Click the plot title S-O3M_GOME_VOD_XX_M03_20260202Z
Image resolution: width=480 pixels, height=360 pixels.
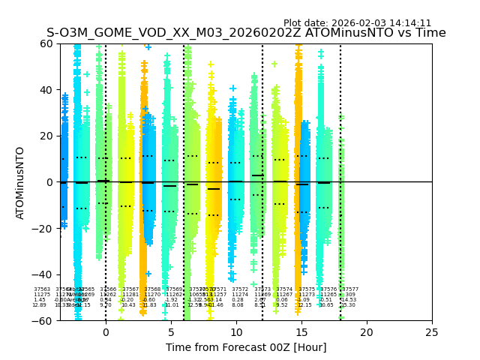[x=246, y=33]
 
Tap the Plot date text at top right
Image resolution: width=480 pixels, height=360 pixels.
[x=357, y=23]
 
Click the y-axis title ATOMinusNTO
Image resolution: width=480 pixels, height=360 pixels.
[x=21, y=182]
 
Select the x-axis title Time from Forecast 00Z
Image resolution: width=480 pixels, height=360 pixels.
[x=246, y=347]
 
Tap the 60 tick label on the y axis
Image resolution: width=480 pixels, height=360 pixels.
[x=45, y=43]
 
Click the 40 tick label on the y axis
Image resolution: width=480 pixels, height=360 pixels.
[x=45, y=90]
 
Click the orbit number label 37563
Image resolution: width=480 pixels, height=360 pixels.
[x=42, y=289]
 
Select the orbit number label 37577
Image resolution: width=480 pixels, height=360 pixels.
[x=350, y=289]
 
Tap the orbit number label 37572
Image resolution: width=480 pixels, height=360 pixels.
[x=240, y=289]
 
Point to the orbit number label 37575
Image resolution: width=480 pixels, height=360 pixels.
[x=307, y=289]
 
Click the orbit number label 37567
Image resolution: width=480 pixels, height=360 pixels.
[x=130, y=289]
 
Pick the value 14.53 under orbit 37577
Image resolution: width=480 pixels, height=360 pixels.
[x=349, y=300]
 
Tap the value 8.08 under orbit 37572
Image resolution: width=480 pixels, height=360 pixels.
[x=238, y=305]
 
